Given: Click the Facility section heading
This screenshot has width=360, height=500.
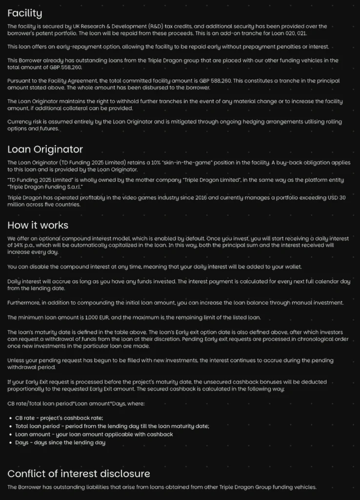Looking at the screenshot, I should pyautogui.click(x=25, y=13).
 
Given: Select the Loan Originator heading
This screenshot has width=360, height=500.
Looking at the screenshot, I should pyautogui.click(x=45, y=149).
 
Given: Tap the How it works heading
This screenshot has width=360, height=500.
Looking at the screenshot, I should pyautogui.click(x=38, y=225).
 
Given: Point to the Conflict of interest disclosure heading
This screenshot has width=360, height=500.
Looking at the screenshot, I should pyautogui.click(x=79, y=473).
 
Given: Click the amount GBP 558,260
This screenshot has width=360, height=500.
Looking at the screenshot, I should pyautogui.click(x=55, y=67).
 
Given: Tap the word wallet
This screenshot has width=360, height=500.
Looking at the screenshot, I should pyautogui.click(x=290, y=267).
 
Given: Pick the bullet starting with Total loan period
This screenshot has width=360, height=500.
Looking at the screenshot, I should pyautogui.click(x=112, y=426).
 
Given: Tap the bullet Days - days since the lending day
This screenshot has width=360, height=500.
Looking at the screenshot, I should pyautogui.click(x=60, y=442).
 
